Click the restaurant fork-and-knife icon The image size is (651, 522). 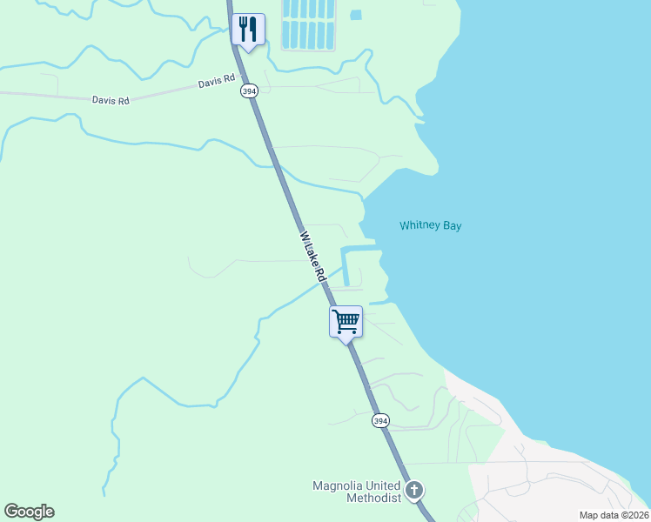[249, 30]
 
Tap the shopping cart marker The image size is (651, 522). [346, 321]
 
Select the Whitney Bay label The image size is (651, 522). [430, 225]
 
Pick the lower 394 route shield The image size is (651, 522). [379, 420]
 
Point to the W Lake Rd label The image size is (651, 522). [311, 251]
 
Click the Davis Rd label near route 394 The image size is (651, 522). [217, 82]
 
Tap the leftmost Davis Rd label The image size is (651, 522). [111, 100]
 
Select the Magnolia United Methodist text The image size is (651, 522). [357, 492]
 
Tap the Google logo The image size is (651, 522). [29, 512]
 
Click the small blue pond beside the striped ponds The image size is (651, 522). [355, 15]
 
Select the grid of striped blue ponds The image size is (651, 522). [309, 23]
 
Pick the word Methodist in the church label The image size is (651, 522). [373, 498]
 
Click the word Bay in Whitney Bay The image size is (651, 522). [452, 225]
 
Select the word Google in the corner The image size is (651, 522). [29, 512]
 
